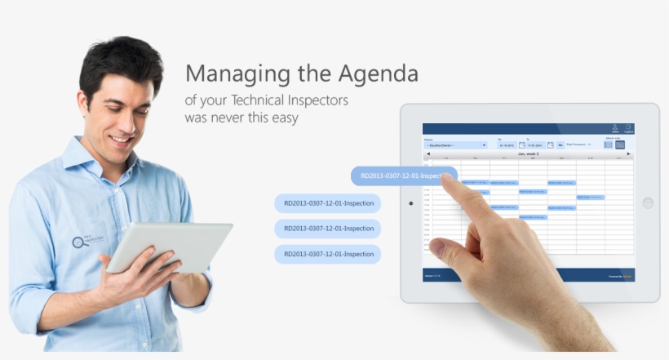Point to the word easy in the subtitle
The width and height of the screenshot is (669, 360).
coord(282,118)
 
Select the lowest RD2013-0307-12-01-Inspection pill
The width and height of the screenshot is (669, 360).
coord(328,254)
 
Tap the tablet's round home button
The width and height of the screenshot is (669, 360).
coord(648,202)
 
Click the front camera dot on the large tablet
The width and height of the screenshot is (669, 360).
coord(410,202)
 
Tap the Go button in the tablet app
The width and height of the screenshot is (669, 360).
coord(560,144)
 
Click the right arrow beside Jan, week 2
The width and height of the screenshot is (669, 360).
coord(630,153)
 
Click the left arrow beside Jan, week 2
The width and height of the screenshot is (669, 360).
coord(427,153)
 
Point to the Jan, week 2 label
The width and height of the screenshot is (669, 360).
coord(528,153)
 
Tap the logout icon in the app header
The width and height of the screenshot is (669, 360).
coord(628,128)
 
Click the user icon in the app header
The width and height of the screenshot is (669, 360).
coord(614,128)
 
